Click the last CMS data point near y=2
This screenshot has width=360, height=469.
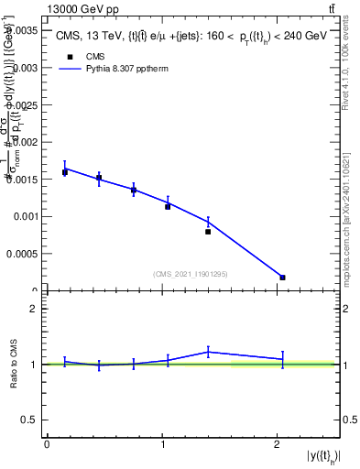tap(282, 277)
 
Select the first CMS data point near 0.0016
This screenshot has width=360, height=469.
tap(65, 172)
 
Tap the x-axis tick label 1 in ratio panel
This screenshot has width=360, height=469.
tap(162, 443)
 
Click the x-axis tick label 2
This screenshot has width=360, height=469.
tap(278, 443)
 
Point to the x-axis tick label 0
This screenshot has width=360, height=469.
tap(47, 443)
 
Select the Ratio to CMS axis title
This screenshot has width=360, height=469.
tap(14, 365)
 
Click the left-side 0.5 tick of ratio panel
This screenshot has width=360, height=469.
tap(31, 420)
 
